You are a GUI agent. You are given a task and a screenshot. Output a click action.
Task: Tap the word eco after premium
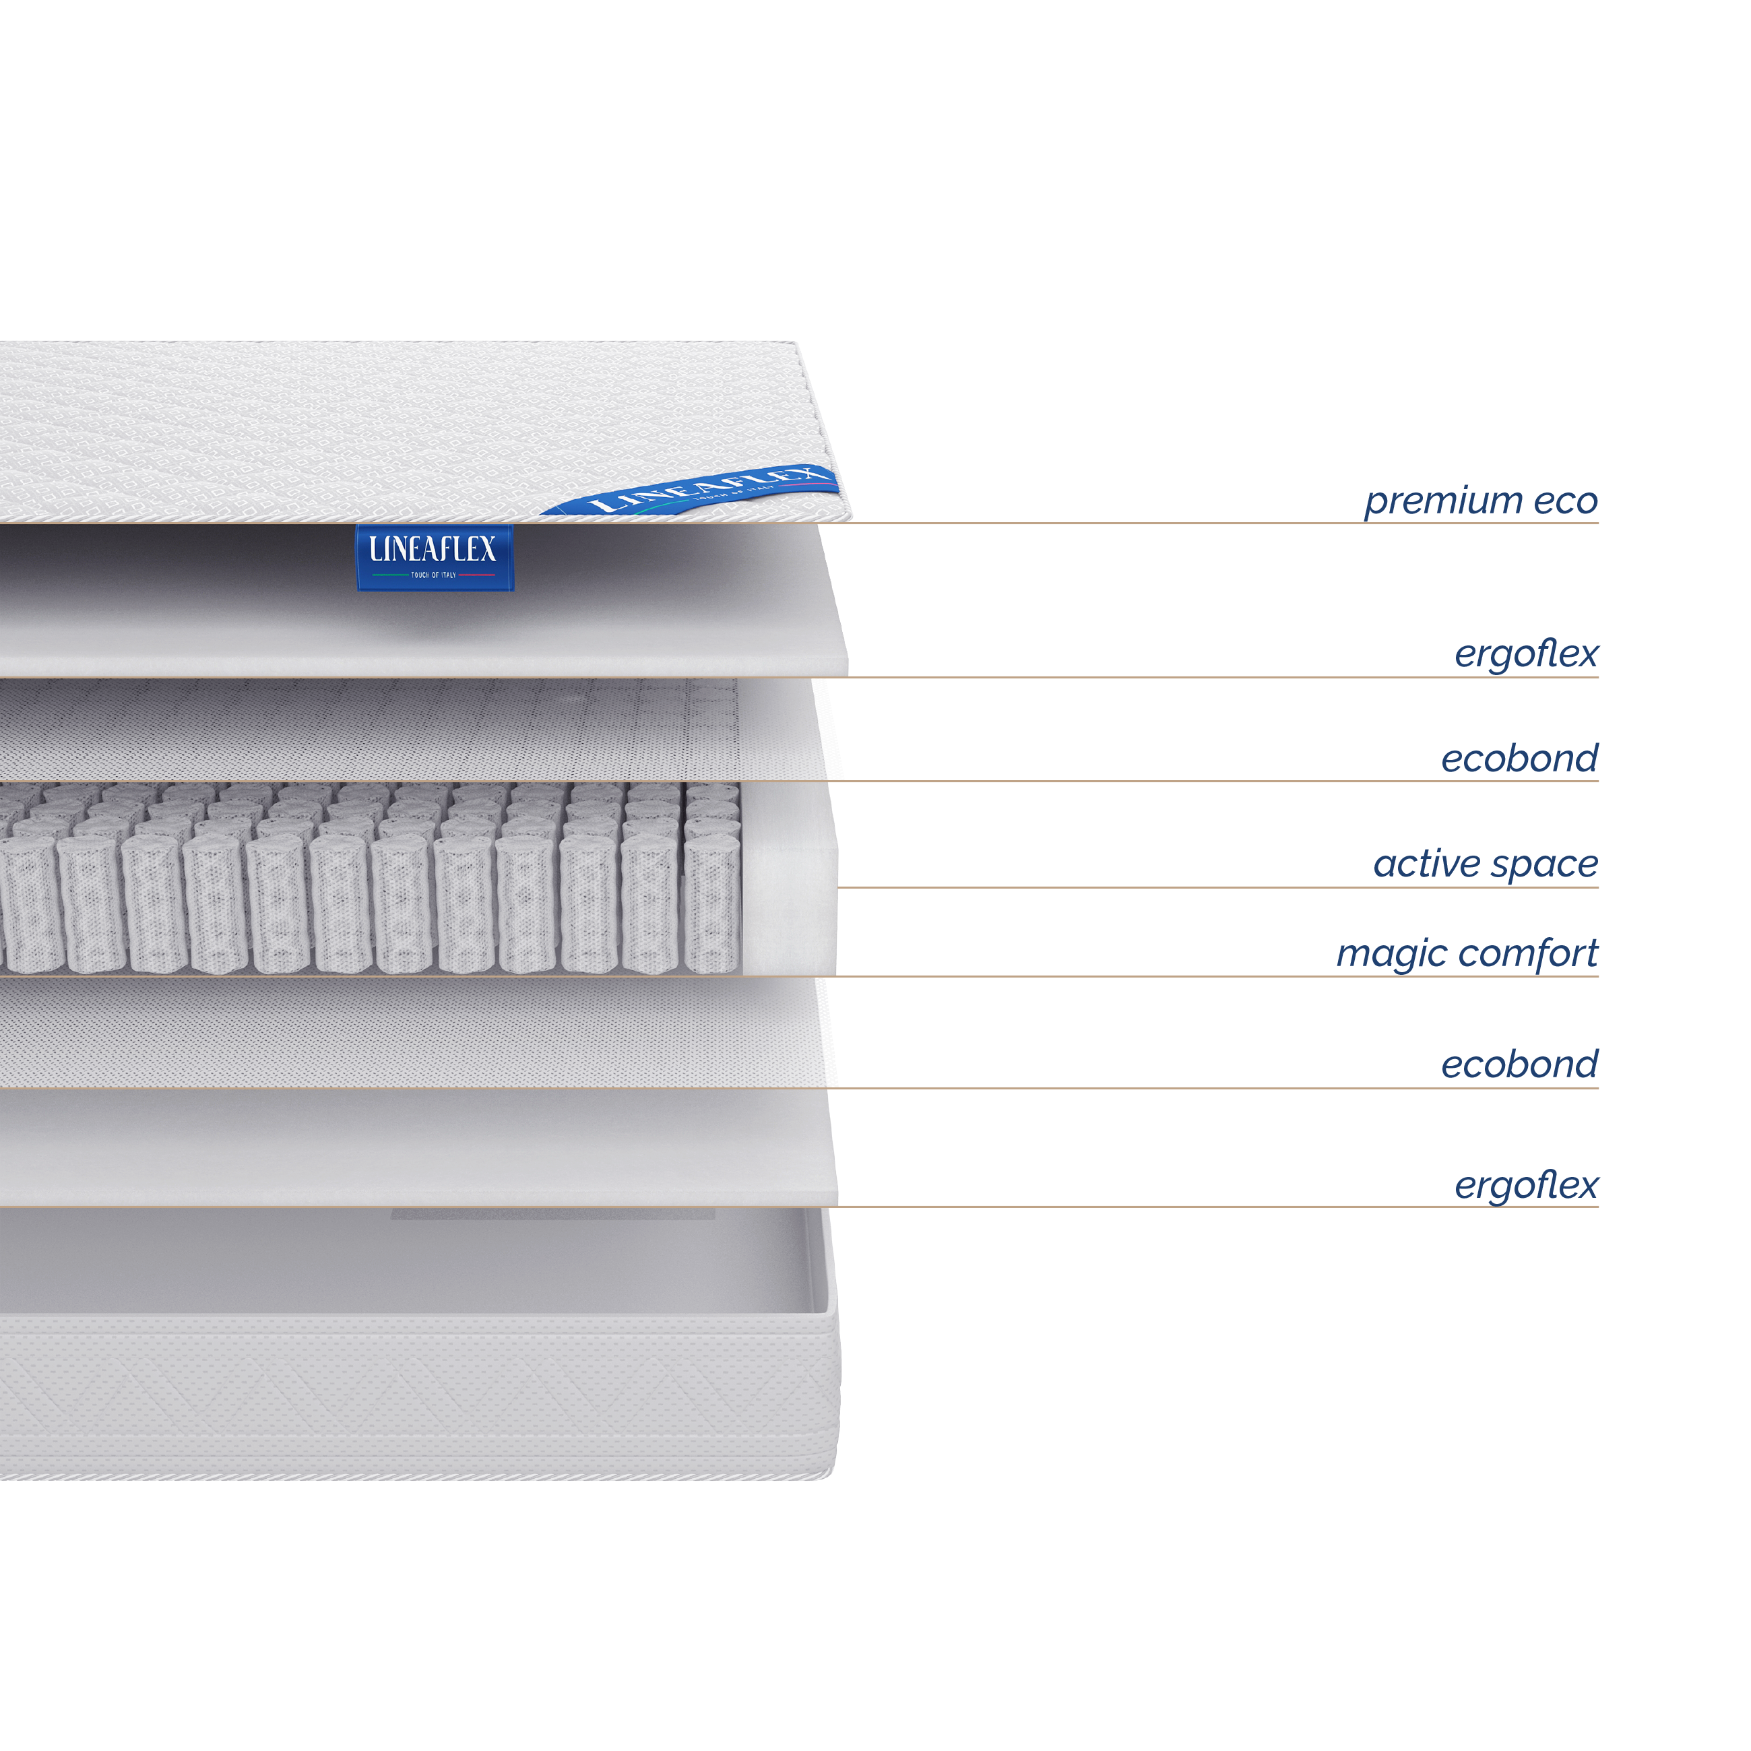pyautogui.click(x=1565, y=502)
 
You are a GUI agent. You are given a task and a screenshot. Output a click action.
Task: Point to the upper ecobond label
pyautogui.click(x=1520, y=758)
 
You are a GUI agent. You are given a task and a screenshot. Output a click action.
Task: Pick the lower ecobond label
pyautogui.click(x=1520, y=1064)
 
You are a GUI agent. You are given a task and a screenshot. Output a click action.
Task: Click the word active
pyautogui.click(x=1426, y=864)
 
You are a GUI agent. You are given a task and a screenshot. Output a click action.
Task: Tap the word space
pyautogui.click(x=1546, y=866)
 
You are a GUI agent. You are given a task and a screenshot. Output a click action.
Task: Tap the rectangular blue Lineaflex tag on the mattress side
pyautogui.click(x=435, y=557)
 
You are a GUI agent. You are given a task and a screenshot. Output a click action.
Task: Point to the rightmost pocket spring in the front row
pyautogui.click(x=712, y=905)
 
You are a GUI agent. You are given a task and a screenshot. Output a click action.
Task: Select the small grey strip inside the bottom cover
pyautogui.click(x=553, y=1213)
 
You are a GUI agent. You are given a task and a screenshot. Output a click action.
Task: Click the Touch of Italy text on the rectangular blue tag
pyautogui.click(x=433, y=575)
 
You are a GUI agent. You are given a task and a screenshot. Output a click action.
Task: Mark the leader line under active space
pyautogui.click(x=1217, y=887)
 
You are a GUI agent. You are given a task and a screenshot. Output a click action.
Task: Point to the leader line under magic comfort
pyautogui.click(x=799, y=976)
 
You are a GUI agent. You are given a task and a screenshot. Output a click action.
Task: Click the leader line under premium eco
pyautogui.click(x=799, y=523)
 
